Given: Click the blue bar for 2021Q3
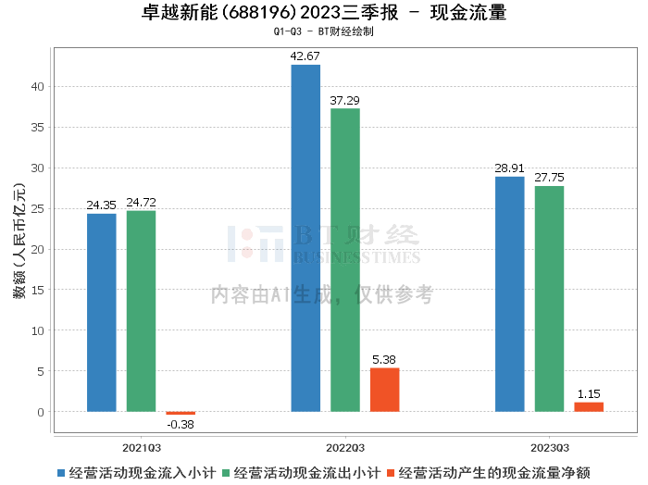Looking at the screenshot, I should pyautogui.click(x=102, y=313).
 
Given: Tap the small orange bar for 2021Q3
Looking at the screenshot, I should pyautogui.click(x=181, y=413).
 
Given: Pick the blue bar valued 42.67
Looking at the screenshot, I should pyautogui.click(x=305, y=238).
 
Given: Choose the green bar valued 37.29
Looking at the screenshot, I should pyautogui.click(x=345, y=260).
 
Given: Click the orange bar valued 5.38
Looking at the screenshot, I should pyautogui.click(x=385, y=390).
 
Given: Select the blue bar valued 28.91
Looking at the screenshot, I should pyautogui.click(x=509, y=294).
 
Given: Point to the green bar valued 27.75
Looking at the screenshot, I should pyautogui.click(x=549, y=299).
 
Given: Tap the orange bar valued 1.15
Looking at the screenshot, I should pyautogui.click(x=589, y=407).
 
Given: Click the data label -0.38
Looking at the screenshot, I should pyautogui.click(x=181, y=426).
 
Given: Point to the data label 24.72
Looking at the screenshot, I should pyautogui.click(x=141, y=204).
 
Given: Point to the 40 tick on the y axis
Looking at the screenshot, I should pyautogui.click(x=38, y=87).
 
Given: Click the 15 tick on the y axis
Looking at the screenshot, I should pyautogui.click(x=38, y=290).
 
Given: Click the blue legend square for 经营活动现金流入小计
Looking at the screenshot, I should pyautogui.click(x=61, y=473).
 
